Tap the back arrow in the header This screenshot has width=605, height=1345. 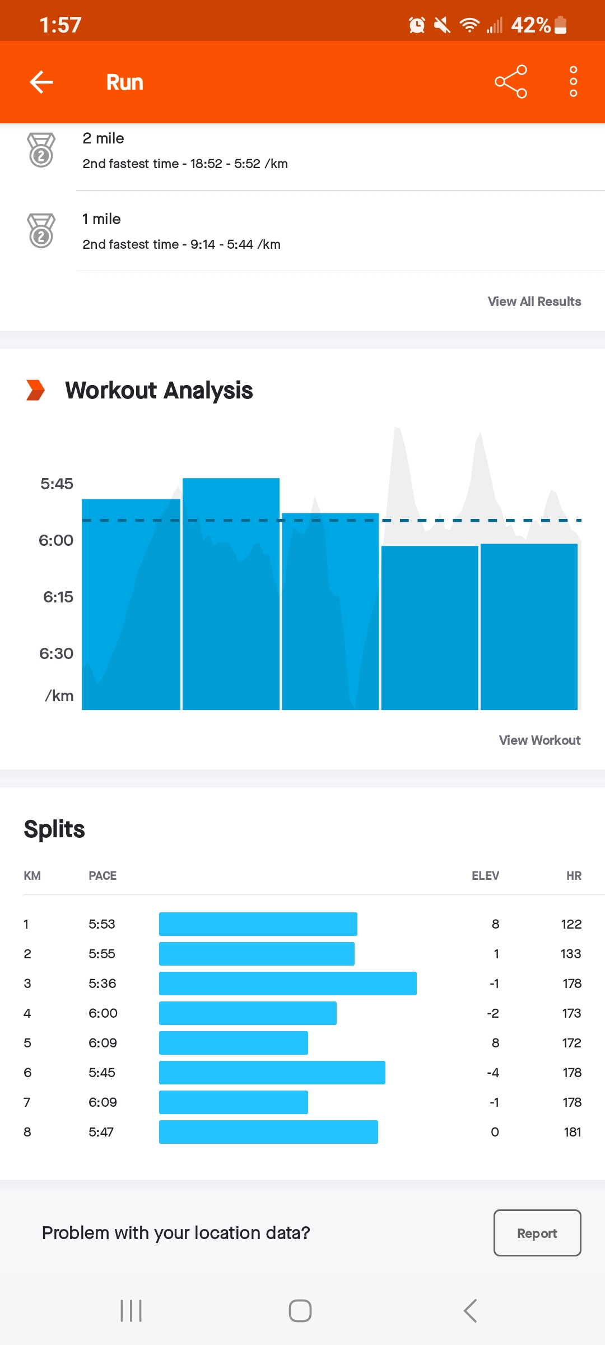point(41,82)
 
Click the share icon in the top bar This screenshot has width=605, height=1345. point(511,82)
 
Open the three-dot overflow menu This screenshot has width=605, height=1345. point(573,82)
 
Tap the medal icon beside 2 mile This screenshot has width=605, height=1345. point(41,150)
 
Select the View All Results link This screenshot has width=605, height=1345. point(534,302)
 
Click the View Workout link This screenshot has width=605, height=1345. point(539,740)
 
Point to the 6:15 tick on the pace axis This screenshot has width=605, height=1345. point(58,597)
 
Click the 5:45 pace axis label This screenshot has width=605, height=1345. point(57,484)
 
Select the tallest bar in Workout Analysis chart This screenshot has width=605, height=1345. point(231,594)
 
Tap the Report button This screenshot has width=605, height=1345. point(537,1233)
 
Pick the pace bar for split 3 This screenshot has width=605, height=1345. point(287,984)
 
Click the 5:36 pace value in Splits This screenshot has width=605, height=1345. point(103,984)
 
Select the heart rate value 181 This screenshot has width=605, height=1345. point(572,1132)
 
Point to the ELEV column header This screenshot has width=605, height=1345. point(485,876)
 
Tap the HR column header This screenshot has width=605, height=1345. point(574,876)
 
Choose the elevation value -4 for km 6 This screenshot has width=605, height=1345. point(493,1073)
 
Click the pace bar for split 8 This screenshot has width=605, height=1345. point(268,1132)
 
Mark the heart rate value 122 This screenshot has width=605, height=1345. point(571,924)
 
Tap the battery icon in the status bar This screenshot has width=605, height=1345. point(560,25)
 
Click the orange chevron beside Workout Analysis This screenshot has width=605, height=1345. point(35,390)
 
